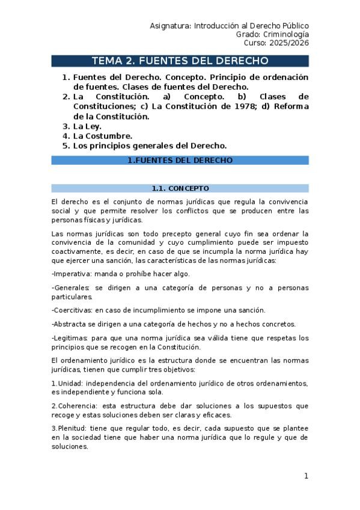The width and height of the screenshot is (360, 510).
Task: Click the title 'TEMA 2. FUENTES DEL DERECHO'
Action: (180, 61)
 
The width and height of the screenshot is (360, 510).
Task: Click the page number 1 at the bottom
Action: (305, 476)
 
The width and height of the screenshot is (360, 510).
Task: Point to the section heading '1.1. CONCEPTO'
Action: (180, 188)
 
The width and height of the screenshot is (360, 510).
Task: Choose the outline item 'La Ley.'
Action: (87, 126)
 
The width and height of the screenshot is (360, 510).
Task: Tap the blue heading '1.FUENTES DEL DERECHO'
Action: (180, 161)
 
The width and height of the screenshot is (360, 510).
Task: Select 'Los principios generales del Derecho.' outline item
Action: (150, 146)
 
